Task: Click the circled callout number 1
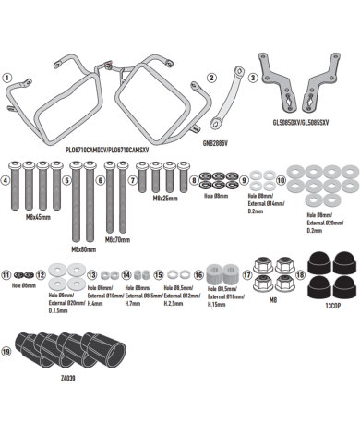point(7,78)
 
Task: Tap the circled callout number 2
point(211,78)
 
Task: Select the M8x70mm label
point(118,239)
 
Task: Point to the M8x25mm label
point(165,198)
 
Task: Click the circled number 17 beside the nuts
point(246,275)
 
